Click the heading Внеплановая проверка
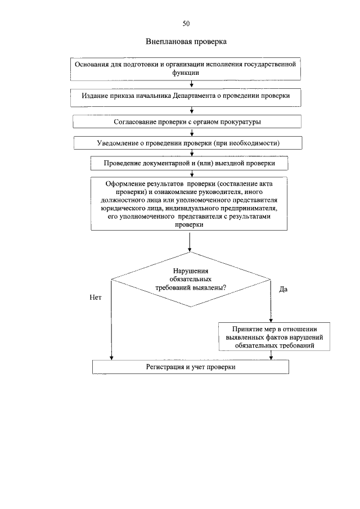click(186, 42)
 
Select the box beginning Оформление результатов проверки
click(190, 204)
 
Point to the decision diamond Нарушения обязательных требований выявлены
click(191, 279)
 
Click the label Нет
click(95, 298)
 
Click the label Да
click(283, 289)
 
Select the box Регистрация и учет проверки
click(190, 367)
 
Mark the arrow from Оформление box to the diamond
click(190, 240)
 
